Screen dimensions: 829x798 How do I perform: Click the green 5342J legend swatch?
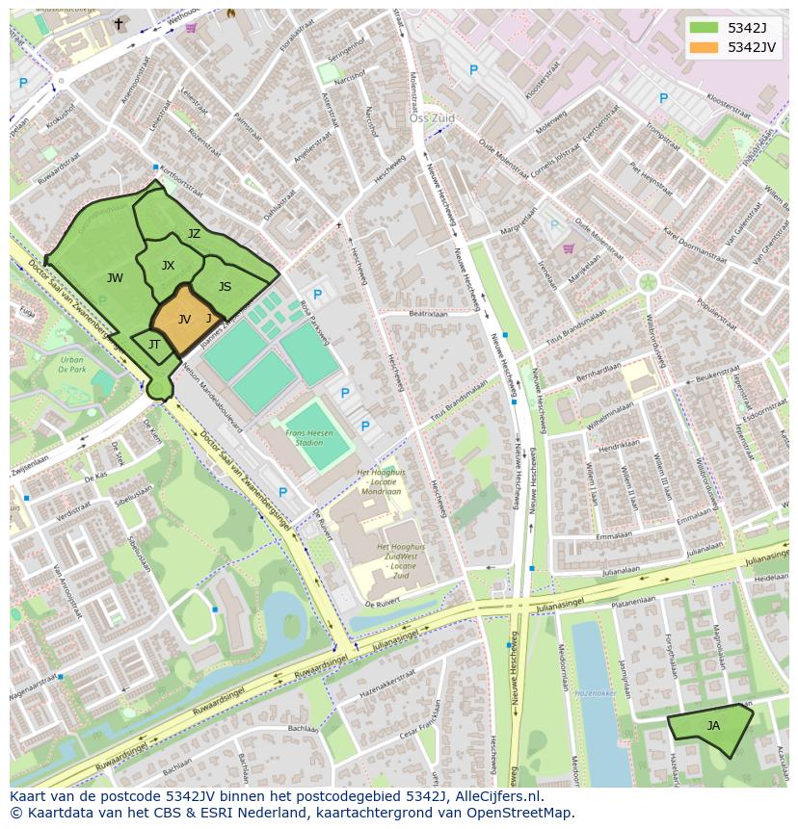[704, 28]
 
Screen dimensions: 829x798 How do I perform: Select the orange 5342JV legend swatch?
[704, 47]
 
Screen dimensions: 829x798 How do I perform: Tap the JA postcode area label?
[713, 725]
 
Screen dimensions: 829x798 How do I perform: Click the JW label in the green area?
[115, 278]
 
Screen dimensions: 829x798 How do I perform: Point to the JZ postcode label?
[194, 234]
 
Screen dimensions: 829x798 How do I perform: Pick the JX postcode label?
[168, 266]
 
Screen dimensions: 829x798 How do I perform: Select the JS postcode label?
[225, 287]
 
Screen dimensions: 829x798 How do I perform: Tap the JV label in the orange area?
[184, 319]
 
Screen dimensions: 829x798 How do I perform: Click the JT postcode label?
[153, 345]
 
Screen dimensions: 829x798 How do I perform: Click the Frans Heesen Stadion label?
[309, 438]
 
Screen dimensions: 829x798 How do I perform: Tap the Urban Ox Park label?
[71, 364]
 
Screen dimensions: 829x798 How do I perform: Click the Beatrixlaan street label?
[429, 314]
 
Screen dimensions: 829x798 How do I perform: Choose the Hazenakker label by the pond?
[596, 692]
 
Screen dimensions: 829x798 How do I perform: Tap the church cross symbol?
[119, 23]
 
